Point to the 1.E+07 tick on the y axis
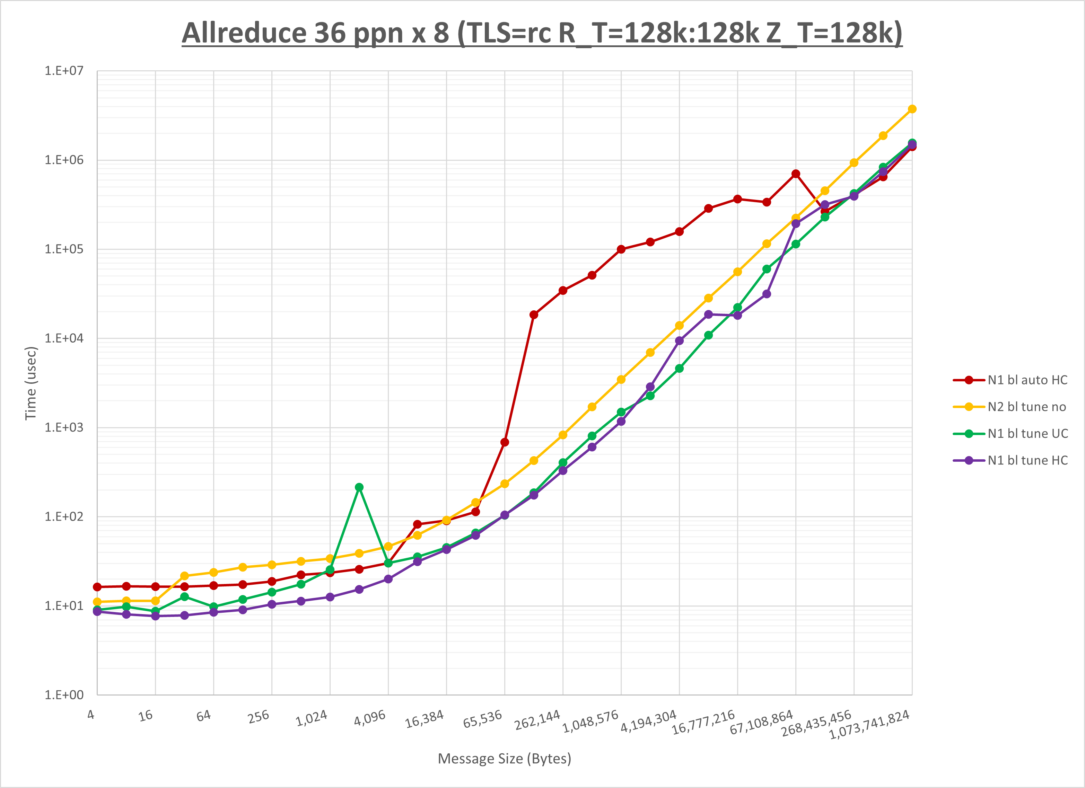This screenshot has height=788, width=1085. tap(64, 71)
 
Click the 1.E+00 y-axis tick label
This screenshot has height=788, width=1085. tap(64, 695)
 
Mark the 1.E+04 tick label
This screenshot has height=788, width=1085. tap(64, 338)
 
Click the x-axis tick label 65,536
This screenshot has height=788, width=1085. tap(482, 719)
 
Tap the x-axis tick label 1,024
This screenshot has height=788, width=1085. tap(312, 718)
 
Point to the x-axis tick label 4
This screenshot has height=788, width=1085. tap(91, 715)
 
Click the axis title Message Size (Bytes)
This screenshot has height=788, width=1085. tap(504, 759)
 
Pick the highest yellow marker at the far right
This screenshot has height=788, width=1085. tap(912, 109)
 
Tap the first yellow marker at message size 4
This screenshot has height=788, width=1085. tap(97, 602)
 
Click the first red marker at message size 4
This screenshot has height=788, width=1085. tap(97, 587)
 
